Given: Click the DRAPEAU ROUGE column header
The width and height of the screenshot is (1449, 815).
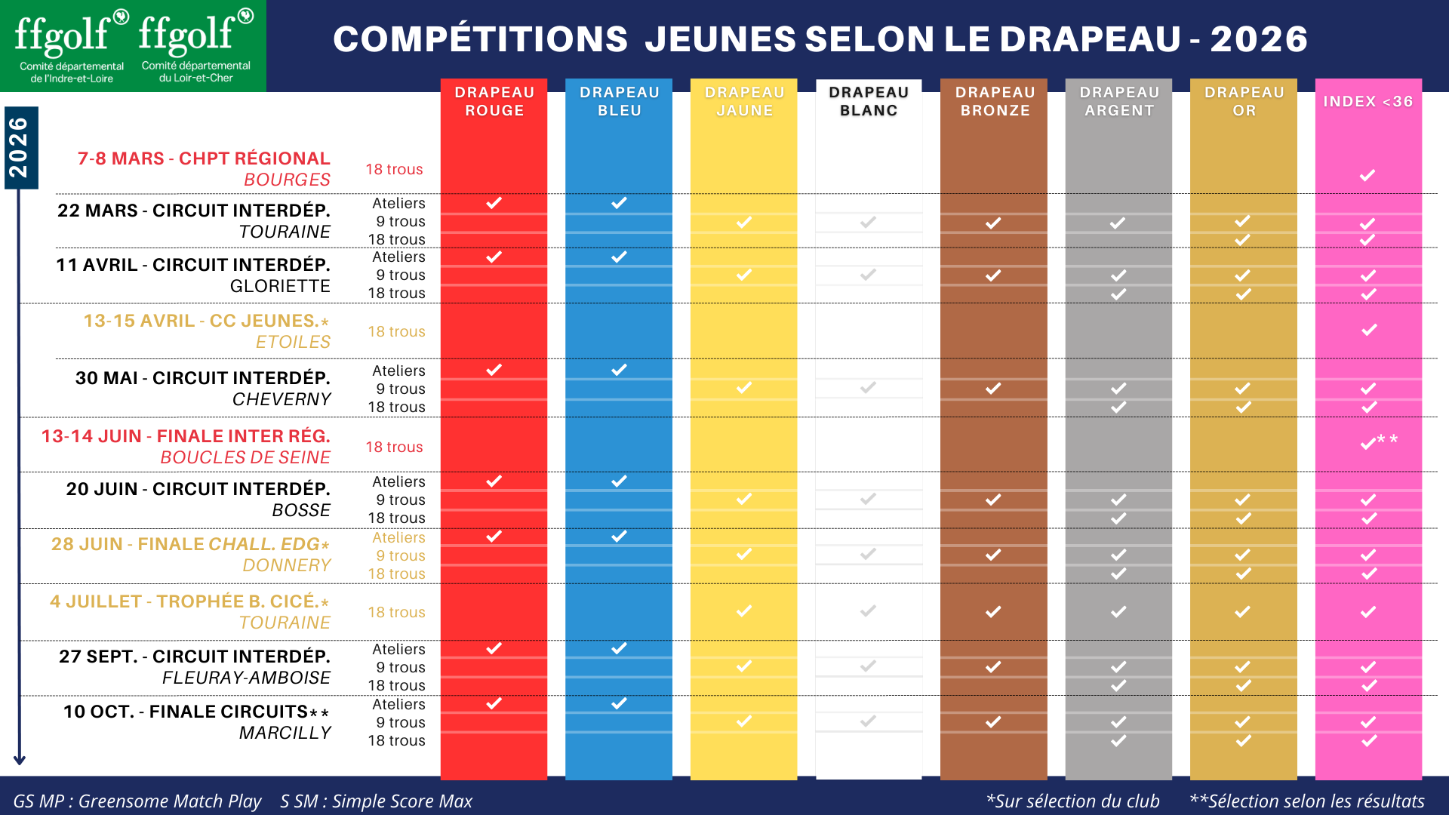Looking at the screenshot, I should (494, 101).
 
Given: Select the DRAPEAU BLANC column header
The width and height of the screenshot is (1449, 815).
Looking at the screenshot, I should (869, 101).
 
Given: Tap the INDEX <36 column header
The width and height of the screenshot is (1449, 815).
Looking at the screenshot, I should (1368, 101).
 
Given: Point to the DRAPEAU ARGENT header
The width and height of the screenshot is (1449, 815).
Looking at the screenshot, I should (1119, 101).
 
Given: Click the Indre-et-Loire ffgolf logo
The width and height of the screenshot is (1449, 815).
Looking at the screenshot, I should (72, 45).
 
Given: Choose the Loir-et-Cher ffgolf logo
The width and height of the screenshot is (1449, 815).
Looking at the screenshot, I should (196, 45).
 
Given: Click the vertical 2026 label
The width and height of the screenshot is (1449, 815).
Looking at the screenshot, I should (19, 147).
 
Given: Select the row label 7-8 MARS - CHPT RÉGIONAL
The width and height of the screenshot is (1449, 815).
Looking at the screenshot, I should (204, 158).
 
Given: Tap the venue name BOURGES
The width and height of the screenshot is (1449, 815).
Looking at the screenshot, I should (287, 180).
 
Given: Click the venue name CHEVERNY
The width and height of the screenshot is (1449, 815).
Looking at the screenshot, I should (281, 399).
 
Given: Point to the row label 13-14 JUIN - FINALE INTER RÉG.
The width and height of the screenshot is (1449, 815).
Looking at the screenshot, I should (186, 436).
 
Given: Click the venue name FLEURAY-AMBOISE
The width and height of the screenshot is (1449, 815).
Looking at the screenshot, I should (246, 678).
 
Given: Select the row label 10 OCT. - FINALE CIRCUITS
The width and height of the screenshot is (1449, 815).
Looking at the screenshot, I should (196, 712).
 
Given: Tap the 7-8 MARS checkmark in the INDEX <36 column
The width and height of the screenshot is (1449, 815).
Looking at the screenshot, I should (1367, 176).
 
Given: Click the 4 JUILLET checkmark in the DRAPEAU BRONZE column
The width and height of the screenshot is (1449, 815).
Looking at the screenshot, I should (993, 611).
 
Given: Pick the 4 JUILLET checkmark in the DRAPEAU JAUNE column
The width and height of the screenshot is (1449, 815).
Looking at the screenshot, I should (744, 610).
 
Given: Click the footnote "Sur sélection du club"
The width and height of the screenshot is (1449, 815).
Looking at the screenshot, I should (1073, 801).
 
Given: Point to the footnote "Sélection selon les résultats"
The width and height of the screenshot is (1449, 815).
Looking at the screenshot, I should (1307, 801).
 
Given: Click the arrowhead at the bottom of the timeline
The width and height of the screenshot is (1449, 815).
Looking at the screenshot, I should (20, 760).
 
